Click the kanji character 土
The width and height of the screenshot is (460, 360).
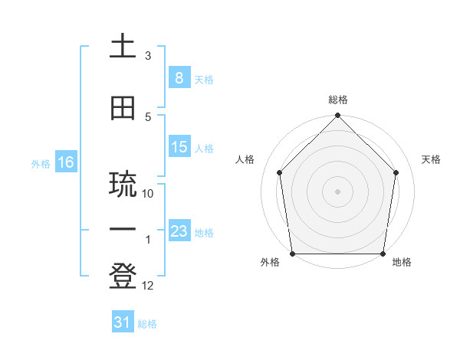point(123,47)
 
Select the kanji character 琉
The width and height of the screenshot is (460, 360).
point(123,185)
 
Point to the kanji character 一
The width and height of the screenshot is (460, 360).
point(123,227)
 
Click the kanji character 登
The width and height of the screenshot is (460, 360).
point(123,277)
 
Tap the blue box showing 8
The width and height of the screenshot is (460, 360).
point(179,77)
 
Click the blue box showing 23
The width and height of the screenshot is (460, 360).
point(179,231)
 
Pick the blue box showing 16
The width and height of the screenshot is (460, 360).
point(66,162)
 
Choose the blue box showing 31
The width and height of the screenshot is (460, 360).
point(123,322)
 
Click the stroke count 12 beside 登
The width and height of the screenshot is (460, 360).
point(149,286)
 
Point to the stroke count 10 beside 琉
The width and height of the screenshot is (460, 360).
point(149,194)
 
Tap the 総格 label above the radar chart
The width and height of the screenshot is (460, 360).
point(338,100)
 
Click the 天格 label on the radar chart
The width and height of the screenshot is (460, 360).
point(432,159)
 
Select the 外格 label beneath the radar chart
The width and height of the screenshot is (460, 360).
point(270,263)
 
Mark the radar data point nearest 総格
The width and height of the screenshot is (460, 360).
point(337,116)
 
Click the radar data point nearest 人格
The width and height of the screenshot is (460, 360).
point(279,172)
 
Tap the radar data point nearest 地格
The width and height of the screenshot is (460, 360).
point(383,254)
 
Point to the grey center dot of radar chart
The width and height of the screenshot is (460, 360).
point(337,191)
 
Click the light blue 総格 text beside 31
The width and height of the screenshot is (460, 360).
point(147,324)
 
